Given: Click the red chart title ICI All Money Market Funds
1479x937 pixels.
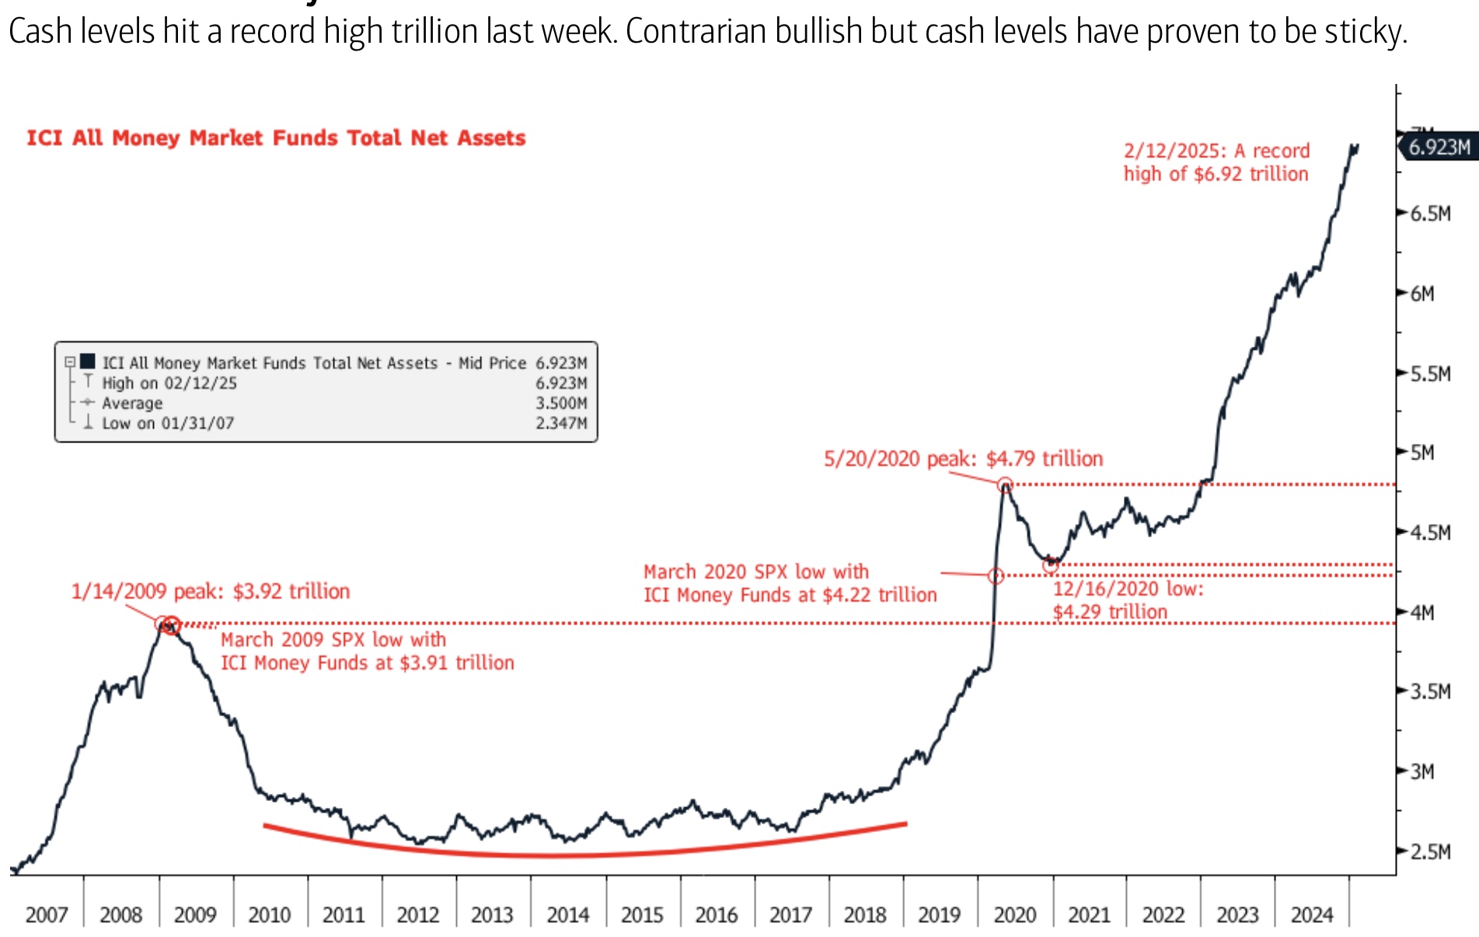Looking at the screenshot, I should coord(276,138).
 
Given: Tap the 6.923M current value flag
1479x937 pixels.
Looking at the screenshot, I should coord(1439,147).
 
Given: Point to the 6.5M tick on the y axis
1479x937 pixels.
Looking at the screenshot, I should coord(1430,214).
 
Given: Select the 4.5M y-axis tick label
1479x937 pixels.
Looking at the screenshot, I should coord(1430,533).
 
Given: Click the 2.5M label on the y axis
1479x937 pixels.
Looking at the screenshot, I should coord(1430,851).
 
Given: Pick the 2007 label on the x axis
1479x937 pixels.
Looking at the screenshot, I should coord(47,914).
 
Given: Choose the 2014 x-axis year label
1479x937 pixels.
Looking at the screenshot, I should coord(567,914).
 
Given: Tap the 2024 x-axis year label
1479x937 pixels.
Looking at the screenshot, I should coord(1312,914).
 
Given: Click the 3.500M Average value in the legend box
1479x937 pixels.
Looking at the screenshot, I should coord(561,403).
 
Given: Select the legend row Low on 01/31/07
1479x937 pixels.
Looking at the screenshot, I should coord(168,423).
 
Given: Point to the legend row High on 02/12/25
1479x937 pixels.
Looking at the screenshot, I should coord(169,383).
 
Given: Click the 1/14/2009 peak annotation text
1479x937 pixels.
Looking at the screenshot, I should coord(211,592).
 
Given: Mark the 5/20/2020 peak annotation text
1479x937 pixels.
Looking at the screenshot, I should coord(963,459).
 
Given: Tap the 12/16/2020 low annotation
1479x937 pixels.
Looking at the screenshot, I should coord(1127,600).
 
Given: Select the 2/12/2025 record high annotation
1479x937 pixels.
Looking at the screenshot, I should coord(1216,162).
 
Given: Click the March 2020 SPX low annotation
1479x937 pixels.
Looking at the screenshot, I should coord(790,583).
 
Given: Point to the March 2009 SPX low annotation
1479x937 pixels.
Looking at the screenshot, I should coord(367,651).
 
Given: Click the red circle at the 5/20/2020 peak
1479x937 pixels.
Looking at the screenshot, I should coord(1005,485).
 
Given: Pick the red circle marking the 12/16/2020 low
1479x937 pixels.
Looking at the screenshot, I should coord(1050,565).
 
